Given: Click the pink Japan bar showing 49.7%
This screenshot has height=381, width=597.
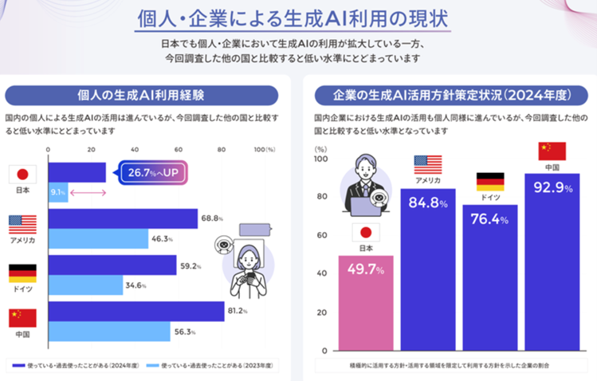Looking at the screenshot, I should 366,303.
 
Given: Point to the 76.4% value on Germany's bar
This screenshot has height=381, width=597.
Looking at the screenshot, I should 489,219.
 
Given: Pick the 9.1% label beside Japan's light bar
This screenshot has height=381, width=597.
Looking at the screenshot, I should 57,192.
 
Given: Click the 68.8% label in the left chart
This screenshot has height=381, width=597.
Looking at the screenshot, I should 212,218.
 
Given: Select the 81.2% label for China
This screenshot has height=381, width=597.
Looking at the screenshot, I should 238,312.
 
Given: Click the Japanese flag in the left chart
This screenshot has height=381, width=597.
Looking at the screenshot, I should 22,175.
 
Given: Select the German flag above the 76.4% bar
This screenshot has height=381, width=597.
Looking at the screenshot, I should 489,181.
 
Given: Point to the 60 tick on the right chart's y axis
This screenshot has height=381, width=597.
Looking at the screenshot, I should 322,235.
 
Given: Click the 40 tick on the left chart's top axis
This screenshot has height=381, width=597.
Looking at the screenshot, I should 133,149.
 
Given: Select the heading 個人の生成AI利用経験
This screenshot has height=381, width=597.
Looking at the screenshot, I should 141,96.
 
